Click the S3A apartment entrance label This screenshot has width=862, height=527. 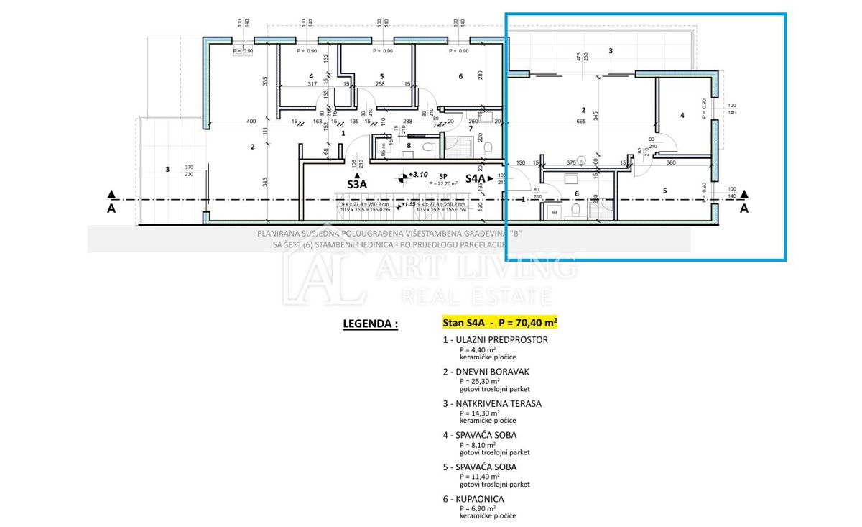358,183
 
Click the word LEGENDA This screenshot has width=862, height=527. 370,324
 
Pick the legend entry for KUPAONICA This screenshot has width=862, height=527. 474,498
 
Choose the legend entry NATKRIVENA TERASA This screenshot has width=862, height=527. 493,403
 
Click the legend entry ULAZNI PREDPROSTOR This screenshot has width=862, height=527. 496,339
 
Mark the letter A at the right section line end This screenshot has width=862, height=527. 744,208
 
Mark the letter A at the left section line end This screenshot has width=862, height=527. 111,208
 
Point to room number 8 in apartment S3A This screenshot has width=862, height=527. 409,146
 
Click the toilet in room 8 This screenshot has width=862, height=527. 429,147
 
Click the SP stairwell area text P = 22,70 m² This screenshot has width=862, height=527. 444,183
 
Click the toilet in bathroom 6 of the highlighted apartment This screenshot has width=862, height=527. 575,210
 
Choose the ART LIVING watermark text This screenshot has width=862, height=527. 474,268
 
